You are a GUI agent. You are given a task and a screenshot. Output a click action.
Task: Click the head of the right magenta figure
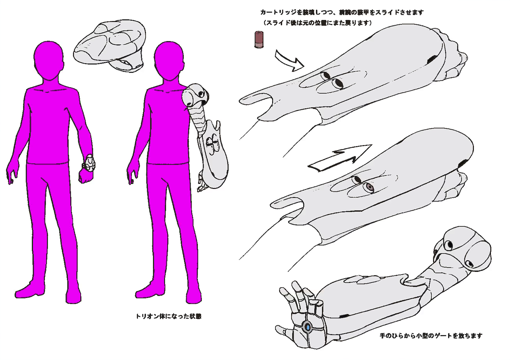pyautogui.click(x=168, y=61)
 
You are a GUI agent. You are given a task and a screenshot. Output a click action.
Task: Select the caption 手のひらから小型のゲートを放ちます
pyautogui.click(x=431, y=336)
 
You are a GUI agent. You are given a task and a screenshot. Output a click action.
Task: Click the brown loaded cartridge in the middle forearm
pyautogui.click(x=369, y=187)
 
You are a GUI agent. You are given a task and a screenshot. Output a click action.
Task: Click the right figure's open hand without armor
pyautogui.click(x=134, y=175)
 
